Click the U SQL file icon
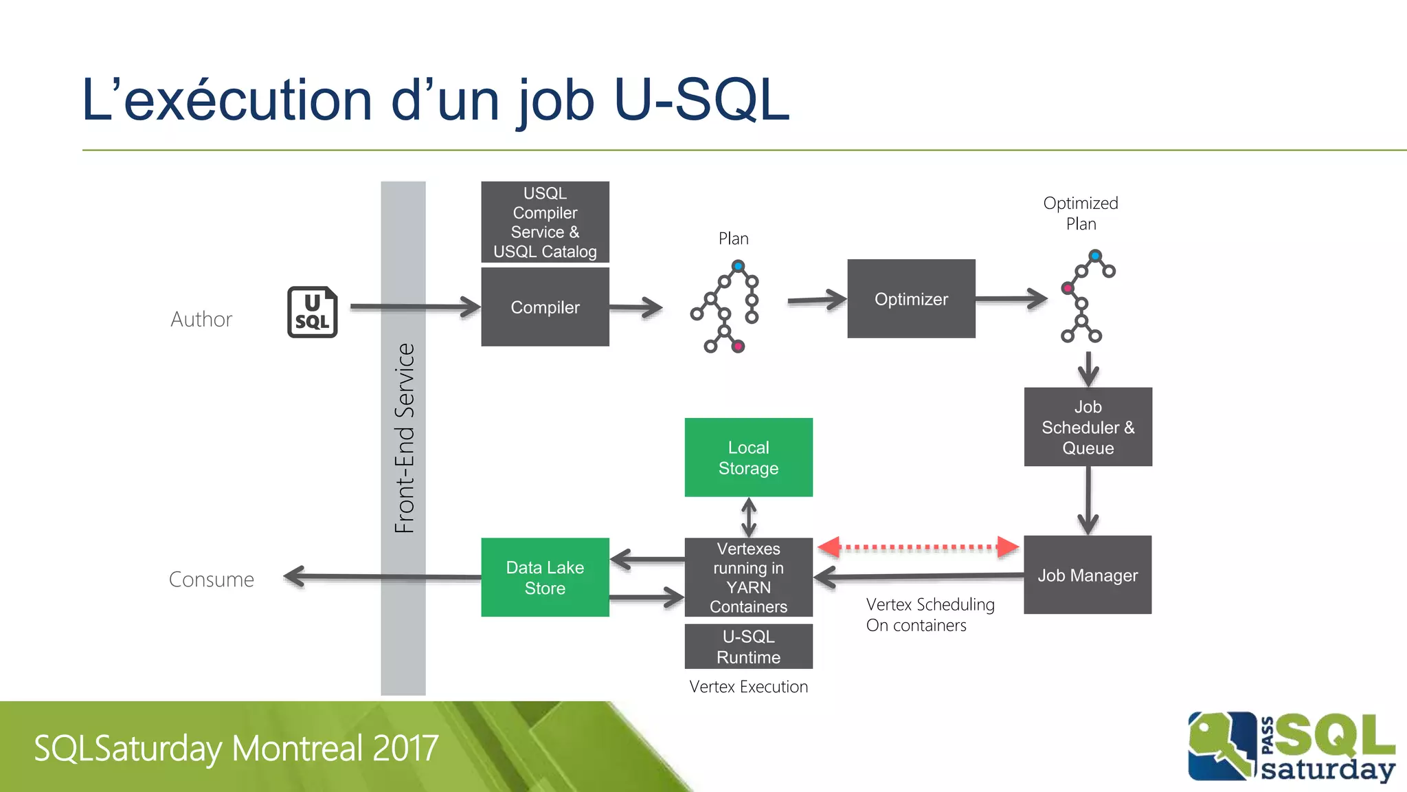point(312,312)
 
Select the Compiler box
point(545,307)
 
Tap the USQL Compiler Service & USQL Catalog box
point(545,222)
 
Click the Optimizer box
point(911,299)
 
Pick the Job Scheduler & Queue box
point(1088,427)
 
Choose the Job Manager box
point(1088,575)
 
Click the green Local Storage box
point(748,458)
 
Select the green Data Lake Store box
point(545,577)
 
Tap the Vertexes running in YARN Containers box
point(748,577)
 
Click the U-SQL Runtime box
point(748,646)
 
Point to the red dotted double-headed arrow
point(918,547)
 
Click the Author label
point(201,319)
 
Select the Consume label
point(212,580)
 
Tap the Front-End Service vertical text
point(405,439)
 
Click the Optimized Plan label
point(1081,213)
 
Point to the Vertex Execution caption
point(748,687)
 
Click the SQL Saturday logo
point(1292,747)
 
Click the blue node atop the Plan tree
point(738,266)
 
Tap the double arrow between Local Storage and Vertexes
point(749,517)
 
